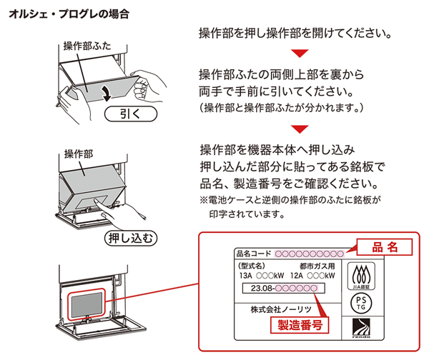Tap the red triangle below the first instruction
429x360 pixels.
click(x=300, y=53)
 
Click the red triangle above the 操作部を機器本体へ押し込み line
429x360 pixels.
click(x=300, y=129)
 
